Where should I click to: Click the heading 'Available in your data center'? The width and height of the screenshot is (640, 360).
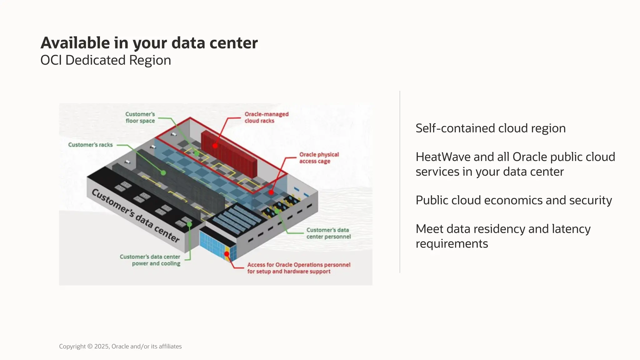coord(149,43)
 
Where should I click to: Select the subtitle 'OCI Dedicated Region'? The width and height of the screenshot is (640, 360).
coord(106,60)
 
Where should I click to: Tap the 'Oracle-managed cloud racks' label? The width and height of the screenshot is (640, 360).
coord(266,117)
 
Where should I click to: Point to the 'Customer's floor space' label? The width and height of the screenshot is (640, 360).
coord(140,117)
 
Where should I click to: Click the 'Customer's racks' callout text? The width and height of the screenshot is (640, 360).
coord(90,145)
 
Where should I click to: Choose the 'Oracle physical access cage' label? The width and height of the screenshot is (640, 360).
coord(319,158)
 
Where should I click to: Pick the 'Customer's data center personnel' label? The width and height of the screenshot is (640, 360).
coord(328,233)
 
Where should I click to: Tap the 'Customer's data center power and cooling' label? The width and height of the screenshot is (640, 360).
coord(150,260)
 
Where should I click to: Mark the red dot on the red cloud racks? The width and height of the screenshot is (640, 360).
coord(215,146)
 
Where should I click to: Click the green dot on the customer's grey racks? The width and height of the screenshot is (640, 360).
coord(163,173)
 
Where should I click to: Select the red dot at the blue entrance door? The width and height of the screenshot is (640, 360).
coord(227,254)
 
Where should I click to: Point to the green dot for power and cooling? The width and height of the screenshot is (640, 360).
coord(189,224)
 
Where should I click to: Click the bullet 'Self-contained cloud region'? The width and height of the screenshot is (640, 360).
coord(490,128)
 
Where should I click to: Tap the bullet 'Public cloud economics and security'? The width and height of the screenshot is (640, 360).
coord(513,200)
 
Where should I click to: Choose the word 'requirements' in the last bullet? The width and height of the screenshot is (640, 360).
coord(452,244)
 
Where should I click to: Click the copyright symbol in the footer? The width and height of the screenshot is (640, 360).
coord(90,347)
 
